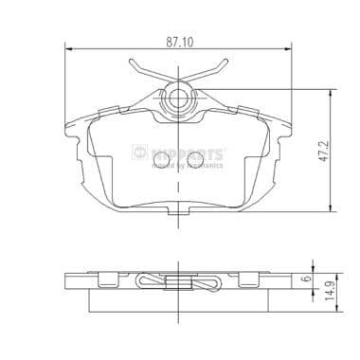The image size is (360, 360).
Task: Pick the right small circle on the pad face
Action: click(197, 154)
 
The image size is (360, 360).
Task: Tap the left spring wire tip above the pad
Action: click(133, 65)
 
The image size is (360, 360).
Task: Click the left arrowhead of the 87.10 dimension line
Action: click(68, 48)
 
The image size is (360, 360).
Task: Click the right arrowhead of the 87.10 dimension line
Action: click(292, 48)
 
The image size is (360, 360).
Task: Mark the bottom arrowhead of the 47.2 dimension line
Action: click(331, 211)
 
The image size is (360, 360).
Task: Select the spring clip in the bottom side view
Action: click(180, 280)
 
